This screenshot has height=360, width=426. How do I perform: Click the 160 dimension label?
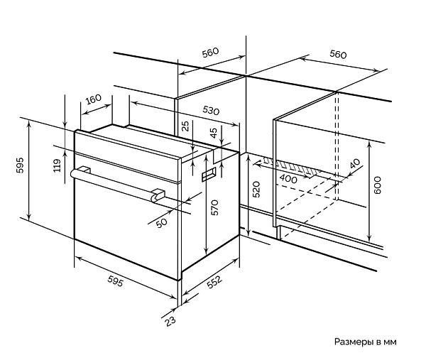pos(94,99)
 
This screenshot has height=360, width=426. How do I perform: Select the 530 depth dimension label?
pos(211,110)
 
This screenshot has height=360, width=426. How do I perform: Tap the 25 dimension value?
pos(185,126)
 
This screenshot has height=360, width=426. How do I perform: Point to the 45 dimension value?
pos(214,133)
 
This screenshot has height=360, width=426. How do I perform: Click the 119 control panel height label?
pos(57,165)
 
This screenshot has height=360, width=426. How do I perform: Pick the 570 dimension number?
pos(214,207)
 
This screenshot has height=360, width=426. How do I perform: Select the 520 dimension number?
pos(256,190)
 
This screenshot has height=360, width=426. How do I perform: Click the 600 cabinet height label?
pos(378,185)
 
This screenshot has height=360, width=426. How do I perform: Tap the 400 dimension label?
pos(288,178)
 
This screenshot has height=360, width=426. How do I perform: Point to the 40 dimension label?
pos(355,163)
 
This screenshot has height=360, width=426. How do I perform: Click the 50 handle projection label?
pos(162,223)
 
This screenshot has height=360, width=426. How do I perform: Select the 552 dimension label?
pos(214,282)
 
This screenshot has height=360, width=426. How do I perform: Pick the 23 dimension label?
pos(170,322)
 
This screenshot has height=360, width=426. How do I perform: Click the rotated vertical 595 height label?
pos(20,165)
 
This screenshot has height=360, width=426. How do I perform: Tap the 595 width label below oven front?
pos(116,281)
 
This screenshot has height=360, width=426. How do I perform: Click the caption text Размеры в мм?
pos(365,342)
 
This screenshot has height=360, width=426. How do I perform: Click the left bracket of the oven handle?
pos(84,170)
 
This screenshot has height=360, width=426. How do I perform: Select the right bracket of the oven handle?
pos(158,195)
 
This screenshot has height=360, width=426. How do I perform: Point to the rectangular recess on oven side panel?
pos(209,175)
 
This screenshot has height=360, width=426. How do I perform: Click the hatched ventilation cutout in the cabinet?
pos(292,166)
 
